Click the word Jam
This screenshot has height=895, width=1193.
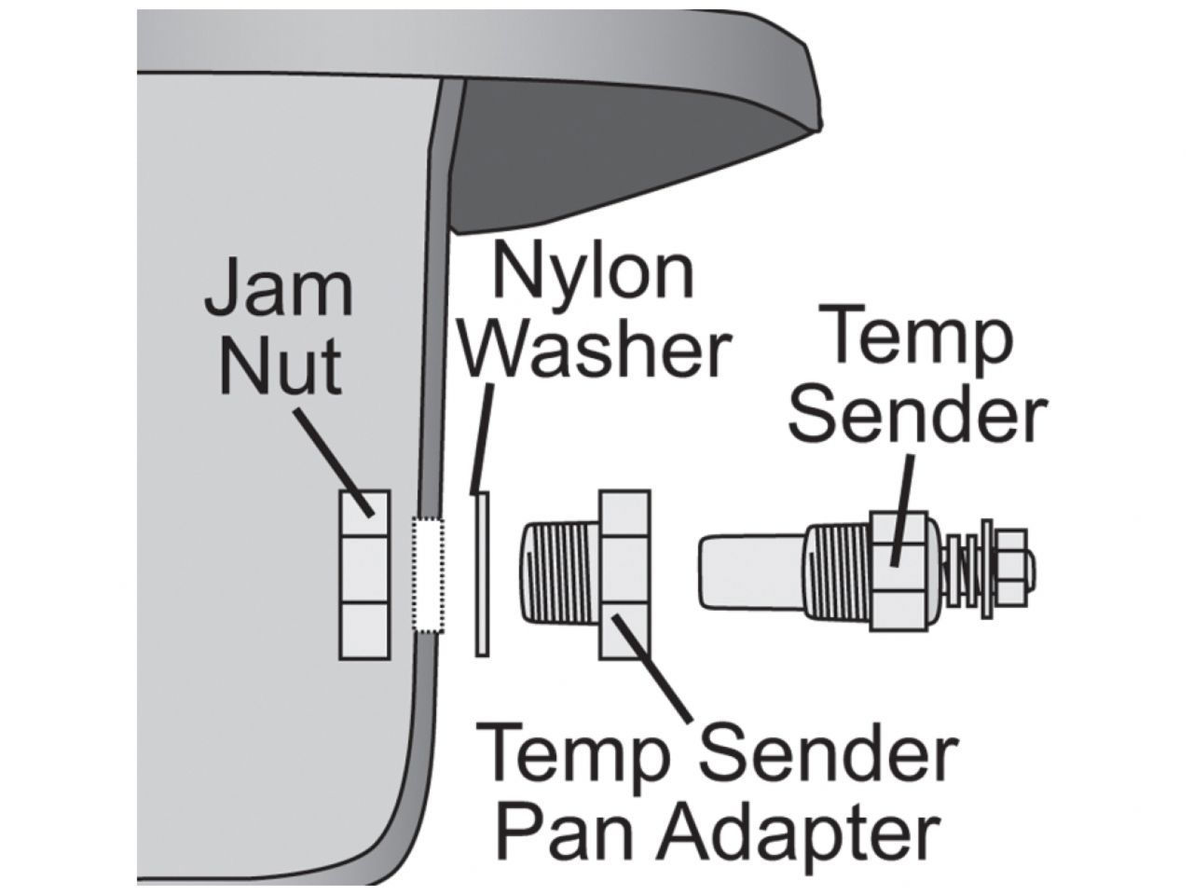(278, 291)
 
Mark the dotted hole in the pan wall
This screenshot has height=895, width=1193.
(429, 575)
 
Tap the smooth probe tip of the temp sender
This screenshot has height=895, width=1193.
(750, 571)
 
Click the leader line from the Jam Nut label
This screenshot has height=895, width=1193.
(334, 457)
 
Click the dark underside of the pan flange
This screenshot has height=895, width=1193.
(596, 149)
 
